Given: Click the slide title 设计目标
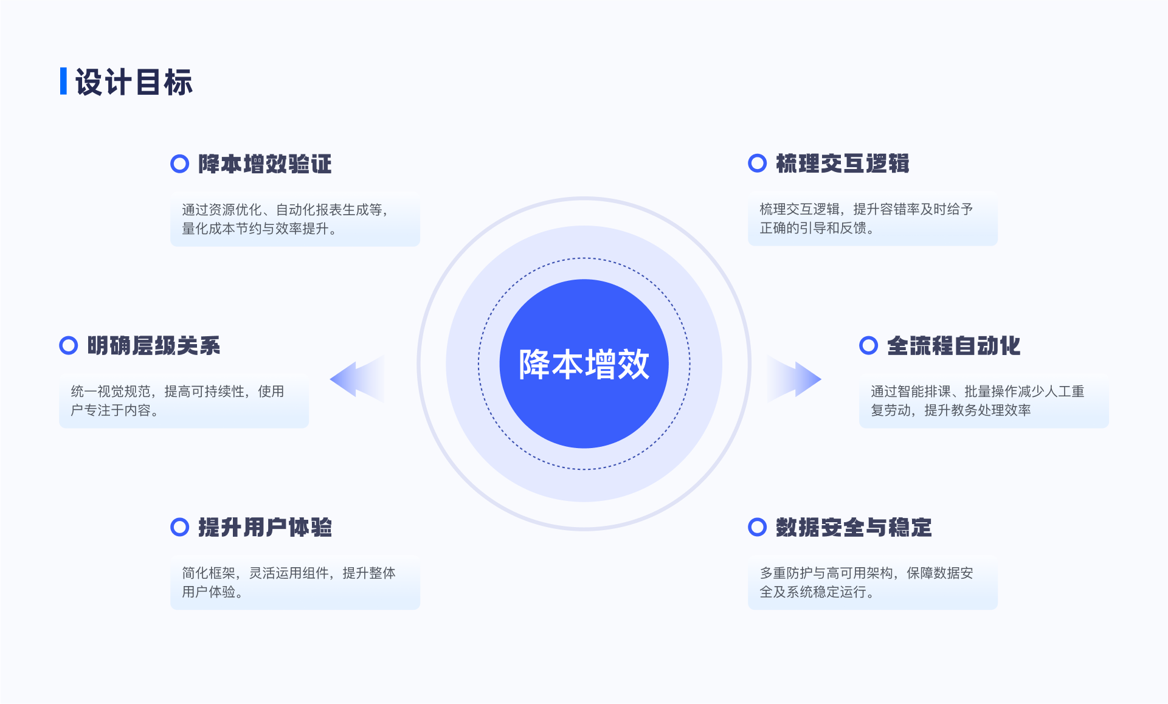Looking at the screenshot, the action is [134, 82].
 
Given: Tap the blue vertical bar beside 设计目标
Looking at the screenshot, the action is [63, 81].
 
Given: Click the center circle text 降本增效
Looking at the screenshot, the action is [584, 364].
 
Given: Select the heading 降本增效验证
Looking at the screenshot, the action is [265, 164].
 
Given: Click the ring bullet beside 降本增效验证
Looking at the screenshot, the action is [179, 164].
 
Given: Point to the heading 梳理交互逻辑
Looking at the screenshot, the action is [843, 164].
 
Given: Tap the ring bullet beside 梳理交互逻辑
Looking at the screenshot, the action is [757, 163].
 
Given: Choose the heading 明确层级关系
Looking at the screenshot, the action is [154, 346].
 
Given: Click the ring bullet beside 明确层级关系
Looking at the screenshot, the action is [68, 345].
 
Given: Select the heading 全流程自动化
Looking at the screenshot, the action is [954, 346].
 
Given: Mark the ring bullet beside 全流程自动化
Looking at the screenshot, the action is [868, 345].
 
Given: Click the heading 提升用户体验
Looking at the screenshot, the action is [265, 527].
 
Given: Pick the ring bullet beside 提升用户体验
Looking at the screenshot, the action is [179, 527].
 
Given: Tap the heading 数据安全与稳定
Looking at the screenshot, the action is [854, 527].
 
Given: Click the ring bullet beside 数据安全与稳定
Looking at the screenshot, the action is [757, 527].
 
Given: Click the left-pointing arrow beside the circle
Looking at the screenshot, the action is [359, 379].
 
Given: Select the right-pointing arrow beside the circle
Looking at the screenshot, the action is [794, 379].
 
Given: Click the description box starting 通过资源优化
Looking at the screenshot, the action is [295, 219].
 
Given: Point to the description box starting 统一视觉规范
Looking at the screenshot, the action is [184, 401].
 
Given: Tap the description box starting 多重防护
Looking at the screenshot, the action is [873, 582].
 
